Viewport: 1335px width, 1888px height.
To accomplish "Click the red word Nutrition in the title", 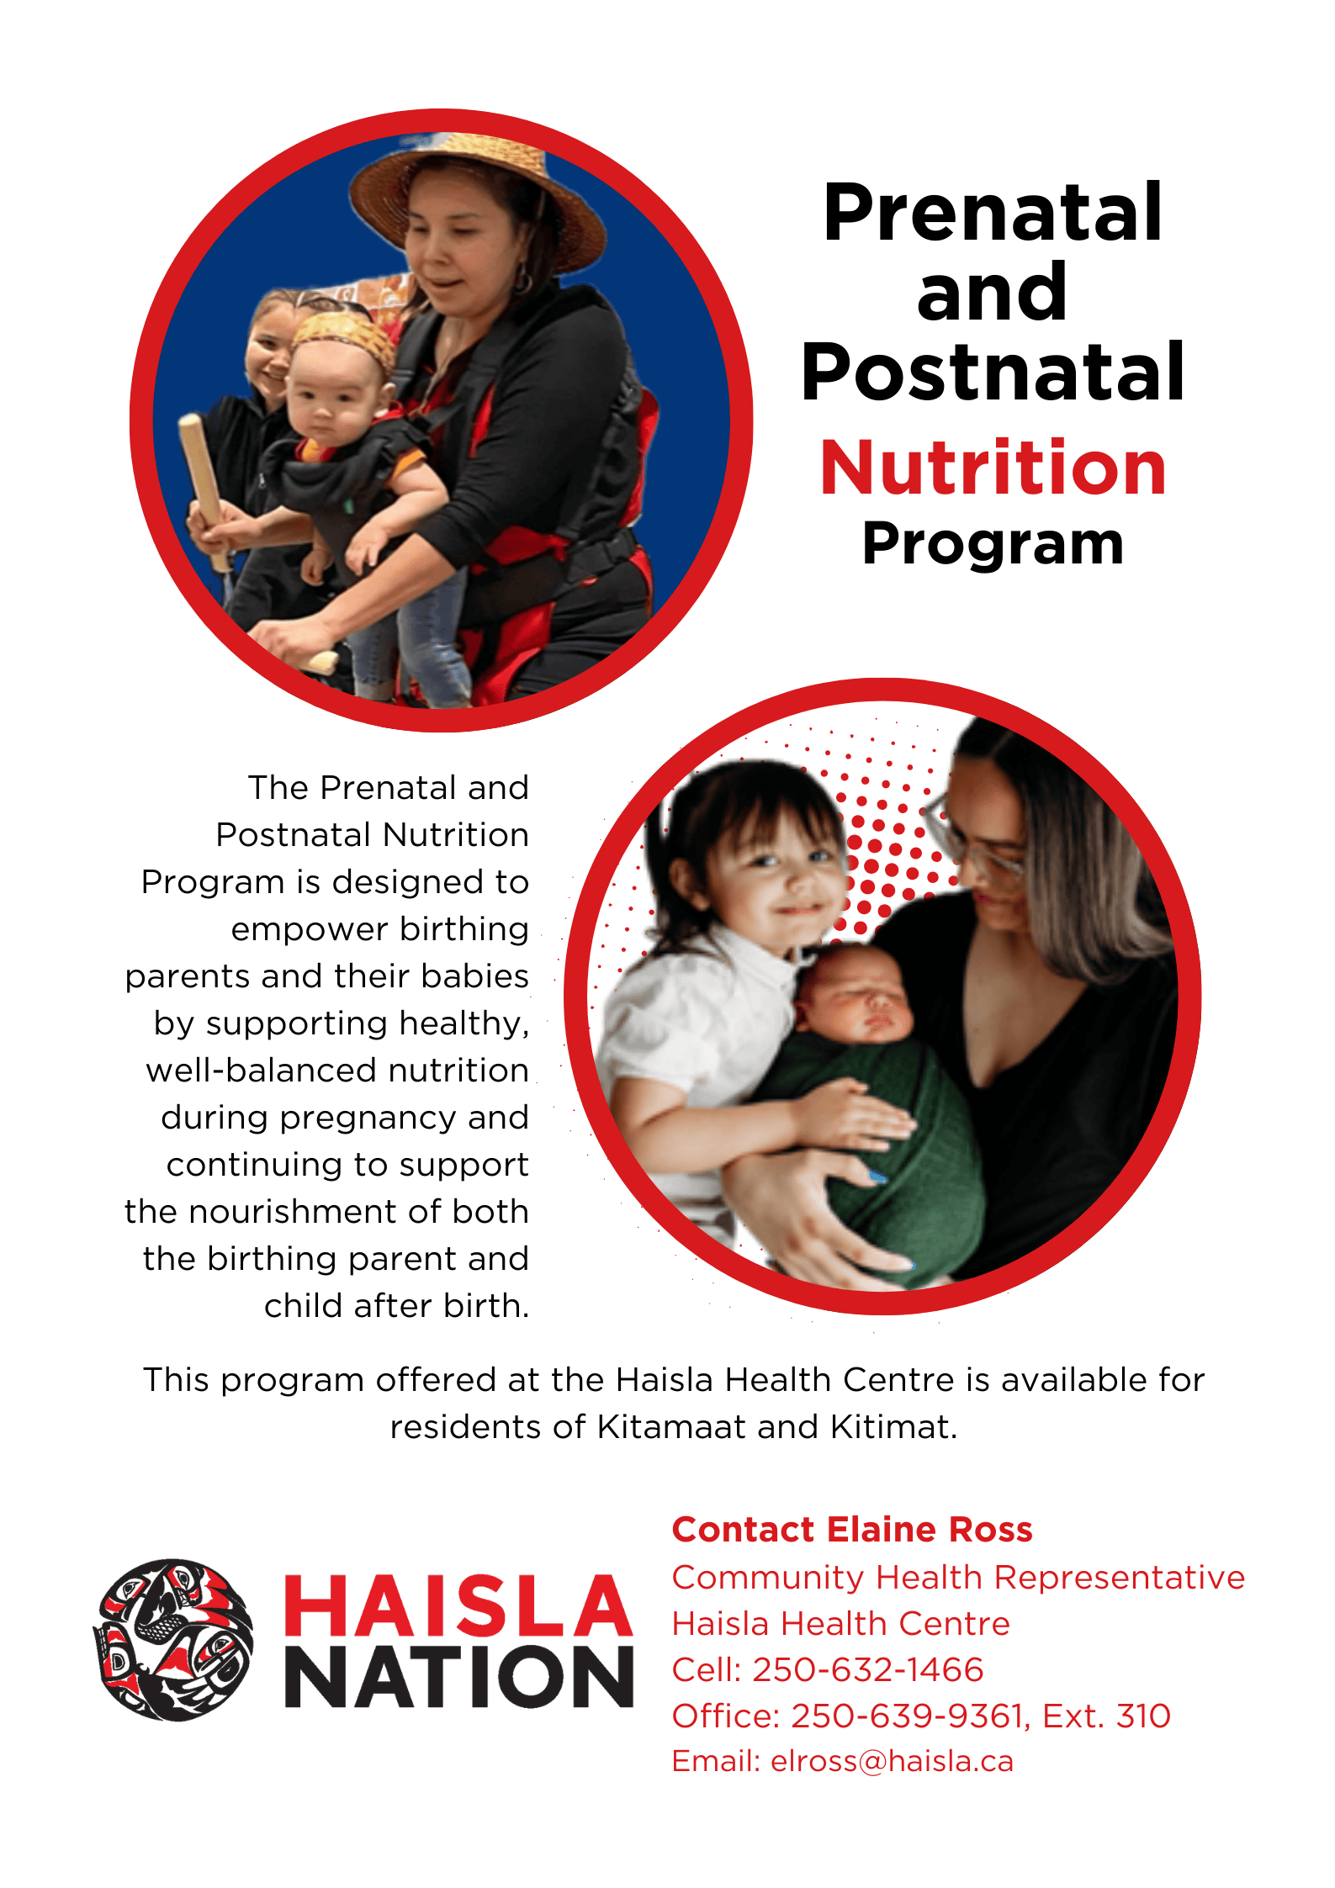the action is [993, 468].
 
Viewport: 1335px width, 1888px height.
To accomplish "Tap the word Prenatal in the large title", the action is [993, 213].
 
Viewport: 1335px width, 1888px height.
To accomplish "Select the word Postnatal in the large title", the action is [993, 372].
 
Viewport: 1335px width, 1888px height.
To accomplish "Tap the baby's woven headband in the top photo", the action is [346, 336].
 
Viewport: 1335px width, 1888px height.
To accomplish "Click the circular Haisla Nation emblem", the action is [173, 1639].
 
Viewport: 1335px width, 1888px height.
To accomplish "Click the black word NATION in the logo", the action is [459, 1678].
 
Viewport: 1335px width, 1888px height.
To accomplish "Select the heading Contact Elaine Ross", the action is [852, 1530].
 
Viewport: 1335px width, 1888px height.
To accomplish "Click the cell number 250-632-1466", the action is [868, 1669].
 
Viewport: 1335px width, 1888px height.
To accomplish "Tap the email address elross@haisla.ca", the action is [893, 1761].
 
